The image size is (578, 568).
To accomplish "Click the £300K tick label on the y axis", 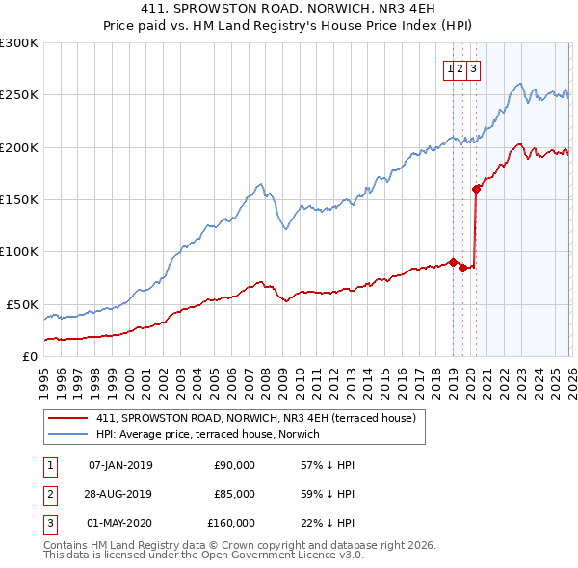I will click(x=19, y=43).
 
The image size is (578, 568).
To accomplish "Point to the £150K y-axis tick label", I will click(x=19, y=200).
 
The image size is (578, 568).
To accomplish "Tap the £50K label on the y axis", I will click(x=22, y=304).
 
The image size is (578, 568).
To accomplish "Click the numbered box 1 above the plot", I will click(x=450, y=68).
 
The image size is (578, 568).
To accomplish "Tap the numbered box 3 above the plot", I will click(x=475, y=68).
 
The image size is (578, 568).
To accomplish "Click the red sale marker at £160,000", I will click(x=476, y=189).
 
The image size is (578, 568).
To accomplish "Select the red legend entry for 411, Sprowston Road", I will click(x=255, y=418).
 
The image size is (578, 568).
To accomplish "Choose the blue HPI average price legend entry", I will click(x=207, y=434).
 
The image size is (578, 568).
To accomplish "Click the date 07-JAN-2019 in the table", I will click(x=120, y=465).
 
